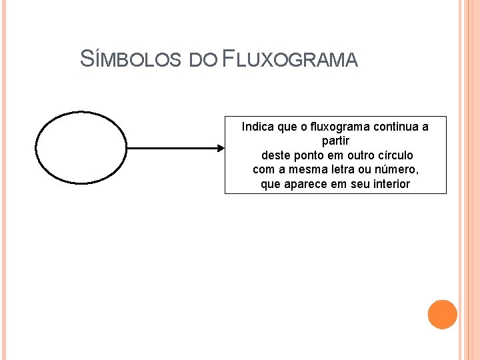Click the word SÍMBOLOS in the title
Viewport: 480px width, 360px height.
131,59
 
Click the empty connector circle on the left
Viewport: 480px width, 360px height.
80,148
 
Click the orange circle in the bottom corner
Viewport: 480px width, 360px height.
442,315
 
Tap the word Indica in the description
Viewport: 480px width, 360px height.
257,126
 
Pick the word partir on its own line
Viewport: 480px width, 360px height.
335,141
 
